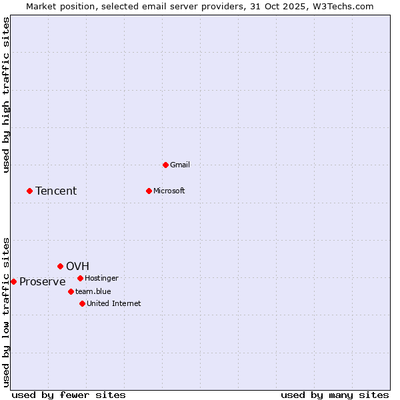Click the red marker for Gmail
click(165, 165)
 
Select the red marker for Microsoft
click(149, 191)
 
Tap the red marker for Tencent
click(29, 191)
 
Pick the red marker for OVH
click(60, 266)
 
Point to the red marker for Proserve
click(13, 281)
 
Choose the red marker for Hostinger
click(80, 278)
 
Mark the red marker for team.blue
click(71, 291)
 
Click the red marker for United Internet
click(82, 303)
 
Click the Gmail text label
click(180, 165)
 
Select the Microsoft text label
click(169, 191)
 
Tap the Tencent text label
click(56, 191)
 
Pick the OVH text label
click(77, 266)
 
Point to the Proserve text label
click(43, 281)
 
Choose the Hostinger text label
click(101, 278)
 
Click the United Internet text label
click(114, 303)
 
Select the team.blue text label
click(93, 291)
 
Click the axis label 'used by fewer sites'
click(69, 395)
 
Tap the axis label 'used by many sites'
click(335, 395)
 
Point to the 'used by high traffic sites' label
click(6, 95)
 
